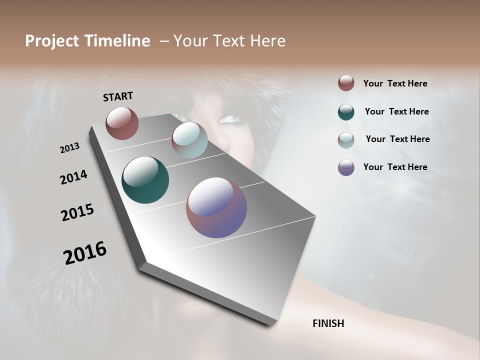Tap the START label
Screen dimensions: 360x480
[118, 96]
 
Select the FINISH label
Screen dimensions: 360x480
[328, 323]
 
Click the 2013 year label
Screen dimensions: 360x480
[70, 148]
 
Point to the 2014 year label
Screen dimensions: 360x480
[74, 177]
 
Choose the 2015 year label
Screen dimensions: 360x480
[77, 212]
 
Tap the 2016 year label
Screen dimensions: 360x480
[85, 253]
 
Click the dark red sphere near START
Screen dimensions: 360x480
[122, 123]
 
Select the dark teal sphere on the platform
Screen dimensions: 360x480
[145, 180]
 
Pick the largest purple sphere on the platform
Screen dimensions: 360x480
[216, 207]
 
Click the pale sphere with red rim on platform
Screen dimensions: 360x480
[189, 140]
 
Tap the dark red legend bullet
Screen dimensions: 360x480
[346, 83]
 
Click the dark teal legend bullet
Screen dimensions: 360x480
[346, 112]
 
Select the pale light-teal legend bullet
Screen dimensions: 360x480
[346, 140]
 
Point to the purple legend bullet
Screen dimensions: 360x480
[346, 167]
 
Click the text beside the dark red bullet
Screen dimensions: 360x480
[395, 83]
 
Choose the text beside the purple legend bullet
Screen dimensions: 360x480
[395, 167]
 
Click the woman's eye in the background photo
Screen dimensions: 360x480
[229, 119]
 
